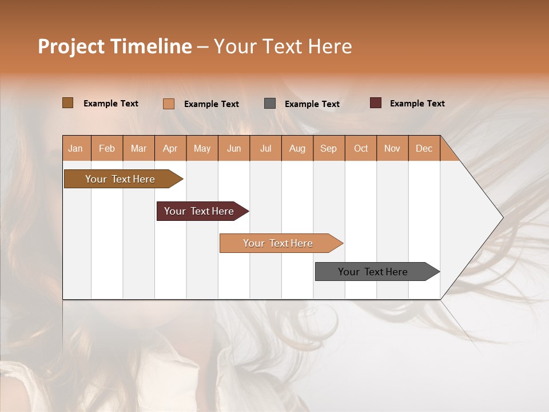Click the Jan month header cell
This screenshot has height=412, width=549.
tap(76, 148)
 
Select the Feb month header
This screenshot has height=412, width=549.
tap(107, 148)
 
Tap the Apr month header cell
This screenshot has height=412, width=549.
tap(170, 148)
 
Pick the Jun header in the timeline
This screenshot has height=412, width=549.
tap(233, 148)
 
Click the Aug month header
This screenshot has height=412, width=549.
tap(297, 148)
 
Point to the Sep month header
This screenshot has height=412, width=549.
tap(328, 148)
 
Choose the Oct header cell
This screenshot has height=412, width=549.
tap(360, 148)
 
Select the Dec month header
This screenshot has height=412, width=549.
tap(424, 148)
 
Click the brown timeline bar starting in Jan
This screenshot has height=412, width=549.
tap(121, 179)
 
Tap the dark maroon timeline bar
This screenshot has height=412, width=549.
tap(200, 211)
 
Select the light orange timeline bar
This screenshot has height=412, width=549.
tap(279, 243)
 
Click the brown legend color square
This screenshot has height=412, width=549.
tap(68, 103)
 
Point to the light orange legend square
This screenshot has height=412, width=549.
tap(169, 104)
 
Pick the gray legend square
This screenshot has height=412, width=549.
tap(270, 104)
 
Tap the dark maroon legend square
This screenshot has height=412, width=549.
tap(376, 103)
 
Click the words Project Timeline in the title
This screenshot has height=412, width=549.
tap(115, 46)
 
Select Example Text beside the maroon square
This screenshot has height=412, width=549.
tap(417, 104)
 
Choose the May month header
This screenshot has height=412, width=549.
tap(202, 148)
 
